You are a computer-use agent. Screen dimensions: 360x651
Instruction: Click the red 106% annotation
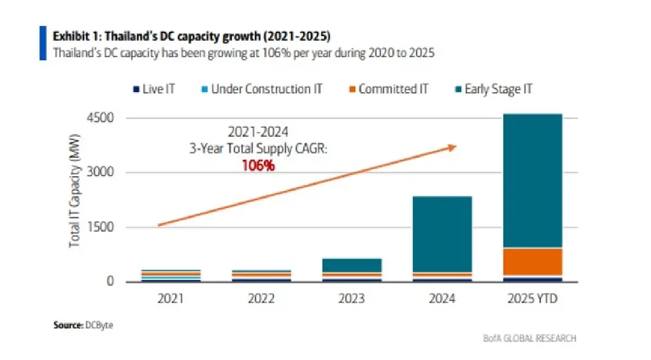pyautogui.click(x=258, y=166)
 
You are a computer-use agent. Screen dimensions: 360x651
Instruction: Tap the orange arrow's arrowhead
pyautogui.click(x=452, y=146)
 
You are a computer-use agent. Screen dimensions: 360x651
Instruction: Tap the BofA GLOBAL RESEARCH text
pyautogui.click(x=529, y=338)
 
